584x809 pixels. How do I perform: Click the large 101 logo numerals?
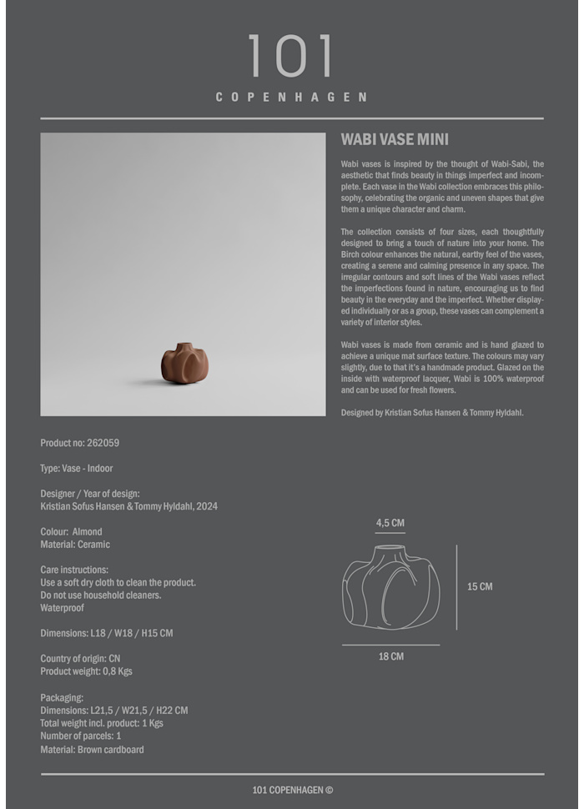(290, 57)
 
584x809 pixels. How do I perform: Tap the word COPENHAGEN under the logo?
(291, 97)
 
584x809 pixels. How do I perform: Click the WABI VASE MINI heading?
(395, 140)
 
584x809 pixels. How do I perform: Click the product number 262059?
(103, 443)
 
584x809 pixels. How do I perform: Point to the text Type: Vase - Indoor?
(77, 469)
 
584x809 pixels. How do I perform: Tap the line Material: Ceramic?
(75, 545)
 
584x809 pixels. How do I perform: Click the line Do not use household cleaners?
(101, 595)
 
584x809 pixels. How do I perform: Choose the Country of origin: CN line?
(80, 658)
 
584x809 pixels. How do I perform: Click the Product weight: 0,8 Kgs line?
(86, 671)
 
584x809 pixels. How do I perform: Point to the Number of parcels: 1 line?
(81, 736)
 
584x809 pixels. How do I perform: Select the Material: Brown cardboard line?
(92, 750)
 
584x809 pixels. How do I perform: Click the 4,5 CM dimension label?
(390, 523)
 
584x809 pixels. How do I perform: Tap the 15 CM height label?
(480, 586)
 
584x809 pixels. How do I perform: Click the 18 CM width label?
(390, 656)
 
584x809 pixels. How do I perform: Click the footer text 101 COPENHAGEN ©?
(292, 790)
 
